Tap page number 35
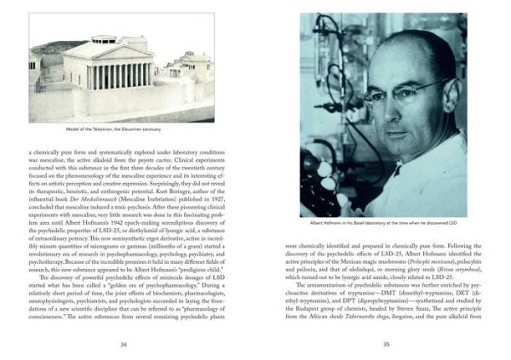tap(385, 345)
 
